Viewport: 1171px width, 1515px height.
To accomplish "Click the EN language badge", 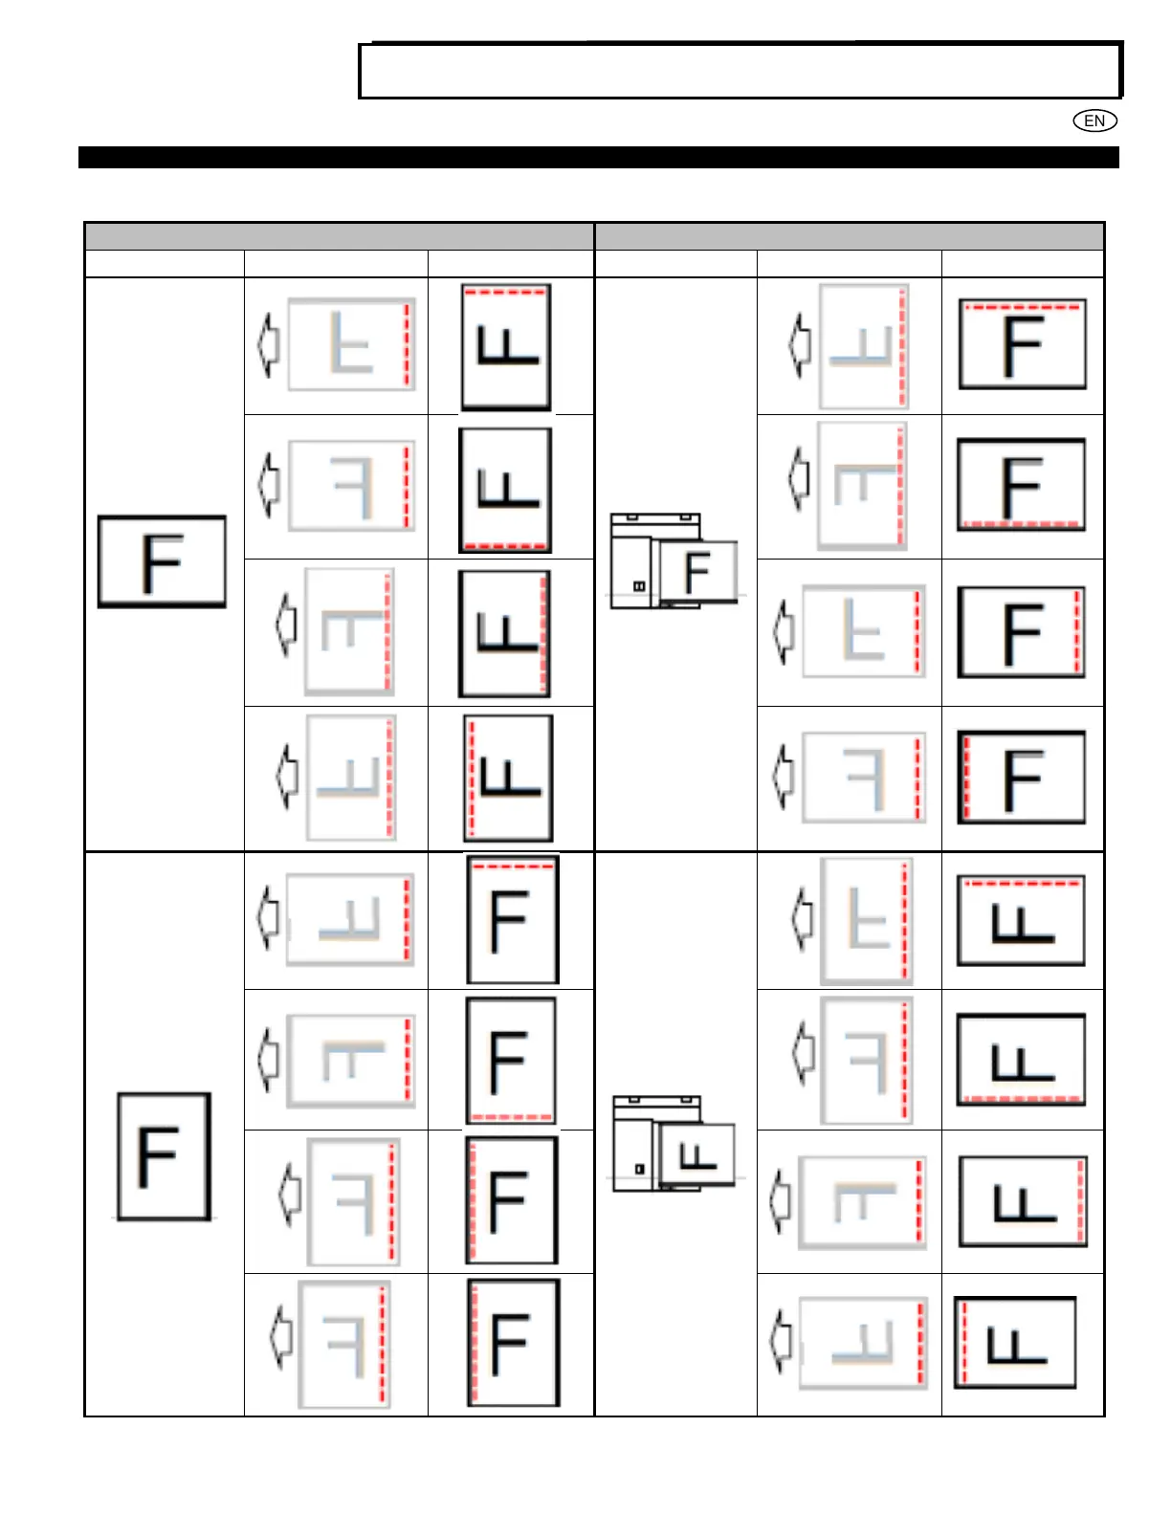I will [x=1094, y=121].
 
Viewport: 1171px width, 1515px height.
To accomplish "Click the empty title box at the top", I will [x=740, y=71].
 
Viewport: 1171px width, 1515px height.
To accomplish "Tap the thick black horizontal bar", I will [x=598, y=158].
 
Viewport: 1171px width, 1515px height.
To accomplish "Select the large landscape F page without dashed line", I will [x=162, y=561].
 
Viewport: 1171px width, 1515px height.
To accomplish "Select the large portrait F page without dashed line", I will [x=164, y=1155].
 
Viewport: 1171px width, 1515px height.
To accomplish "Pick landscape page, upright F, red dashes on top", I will [x=1022, y=344].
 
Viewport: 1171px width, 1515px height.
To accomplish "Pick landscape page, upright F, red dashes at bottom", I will [x=1021, y=485].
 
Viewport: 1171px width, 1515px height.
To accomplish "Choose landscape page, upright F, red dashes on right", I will [x=1021, y=632].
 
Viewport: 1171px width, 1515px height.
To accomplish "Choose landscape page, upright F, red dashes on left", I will [x=1021, y=778].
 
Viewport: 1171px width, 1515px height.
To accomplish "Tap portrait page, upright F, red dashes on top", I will [x=512, y=919].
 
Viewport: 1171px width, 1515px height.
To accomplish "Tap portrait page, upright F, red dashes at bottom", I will [x=511, y=1061].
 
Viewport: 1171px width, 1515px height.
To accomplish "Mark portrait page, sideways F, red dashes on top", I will [x=506, y=347].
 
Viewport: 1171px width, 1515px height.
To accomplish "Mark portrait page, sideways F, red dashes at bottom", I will [x=505, y=490].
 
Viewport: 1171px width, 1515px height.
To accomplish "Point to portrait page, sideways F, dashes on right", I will [x=504, y=634].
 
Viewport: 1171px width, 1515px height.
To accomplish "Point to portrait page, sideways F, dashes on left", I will [x=508, y=778].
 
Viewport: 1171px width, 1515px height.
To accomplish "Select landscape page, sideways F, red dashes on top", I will [x=1021, y=920].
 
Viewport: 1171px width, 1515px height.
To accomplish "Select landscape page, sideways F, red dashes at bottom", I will [x=1021, y=1060].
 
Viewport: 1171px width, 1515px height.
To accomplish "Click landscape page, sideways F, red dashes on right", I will [x=1023, y=1201].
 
